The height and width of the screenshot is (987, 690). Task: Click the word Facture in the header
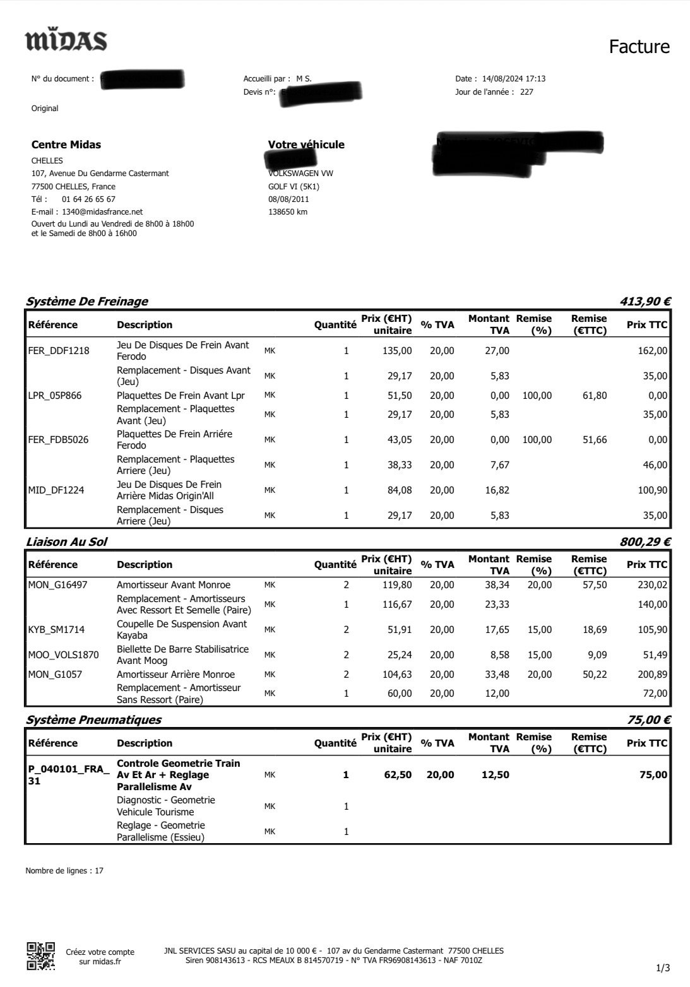pyautogui.click(x=639, y=47)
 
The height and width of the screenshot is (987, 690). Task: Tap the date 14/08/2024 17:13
pyautogui.click(x=513, y=79)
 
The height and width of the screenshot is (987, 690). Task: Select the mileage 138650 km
pyautogui.click(x=288, y=212)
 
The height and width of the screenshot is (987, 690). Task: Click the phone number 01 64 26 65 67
pyautogui.click(x=88, y=199)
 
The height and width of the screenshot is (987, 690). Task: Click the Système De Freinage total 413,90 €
pyautogui.click(x=645, y=302)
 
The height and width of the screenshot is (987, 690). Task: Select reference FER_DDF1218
pyautogui.click(x=59, y=351)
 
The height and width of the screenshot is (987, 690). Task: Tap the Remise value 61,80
pyautogui.click(x=594, y=396)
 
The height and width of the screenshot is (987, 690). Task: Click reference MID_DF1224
pyautogui.click(x=56, y=490)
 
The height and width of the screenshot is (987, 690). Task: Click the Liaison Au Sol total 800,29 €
pyautogui.click(x=645, y=541)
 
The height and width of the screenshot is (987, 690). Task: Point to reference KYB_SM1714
pyautogui.click(x=56, y=630)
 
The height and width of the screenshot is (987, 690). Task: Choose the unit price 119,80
pyautogui.click(x=398, y=585)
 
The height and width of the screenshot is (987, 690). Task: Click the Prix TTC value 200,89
pyautogui.click(x=652, y=675)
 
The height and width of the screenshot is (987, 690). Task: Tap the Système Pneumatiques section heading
pyautogui.click(x=93, y=720)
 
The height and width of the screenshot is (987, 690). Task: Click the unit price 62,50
pyautogui.click(x=398, y=775)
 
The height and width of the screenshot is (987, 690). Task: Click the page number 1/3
pyautogui.click(x=663, y=968)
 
